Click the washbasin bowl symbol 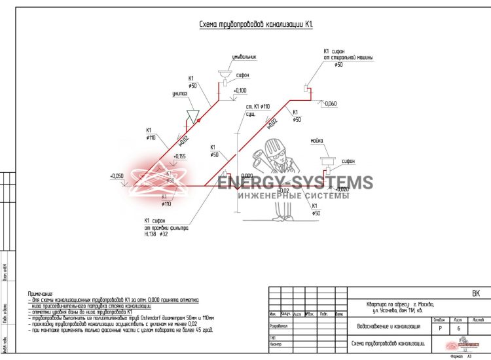pyautogui.click(x=225, y=73)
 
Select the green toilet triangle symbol pyautogui.click(x=192, y=115)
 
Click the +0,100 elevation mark pyautogui.click(x=240, y=90)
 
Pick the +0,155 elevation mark pyautogui.click(x=180, y=156)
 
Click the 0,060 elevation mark pyautogui.click(x=331, y=104)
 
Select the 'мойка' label pyautogui.click(x=318, y=141)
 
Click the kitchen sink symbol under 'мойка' pyautogui.click(x=327, y=159)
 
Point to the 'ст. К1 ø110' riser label pyautogui.click(x=257, y=106)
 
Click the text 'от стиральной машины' pyautogui.click(x=347, y=58)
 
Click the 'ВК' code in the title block pyautogui.click(x=476, y=294)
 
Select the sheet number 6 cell pyautogui.click(x=458, y=328)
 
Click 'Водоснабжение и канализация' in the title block pyautogui.click(x=388, y=324)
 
